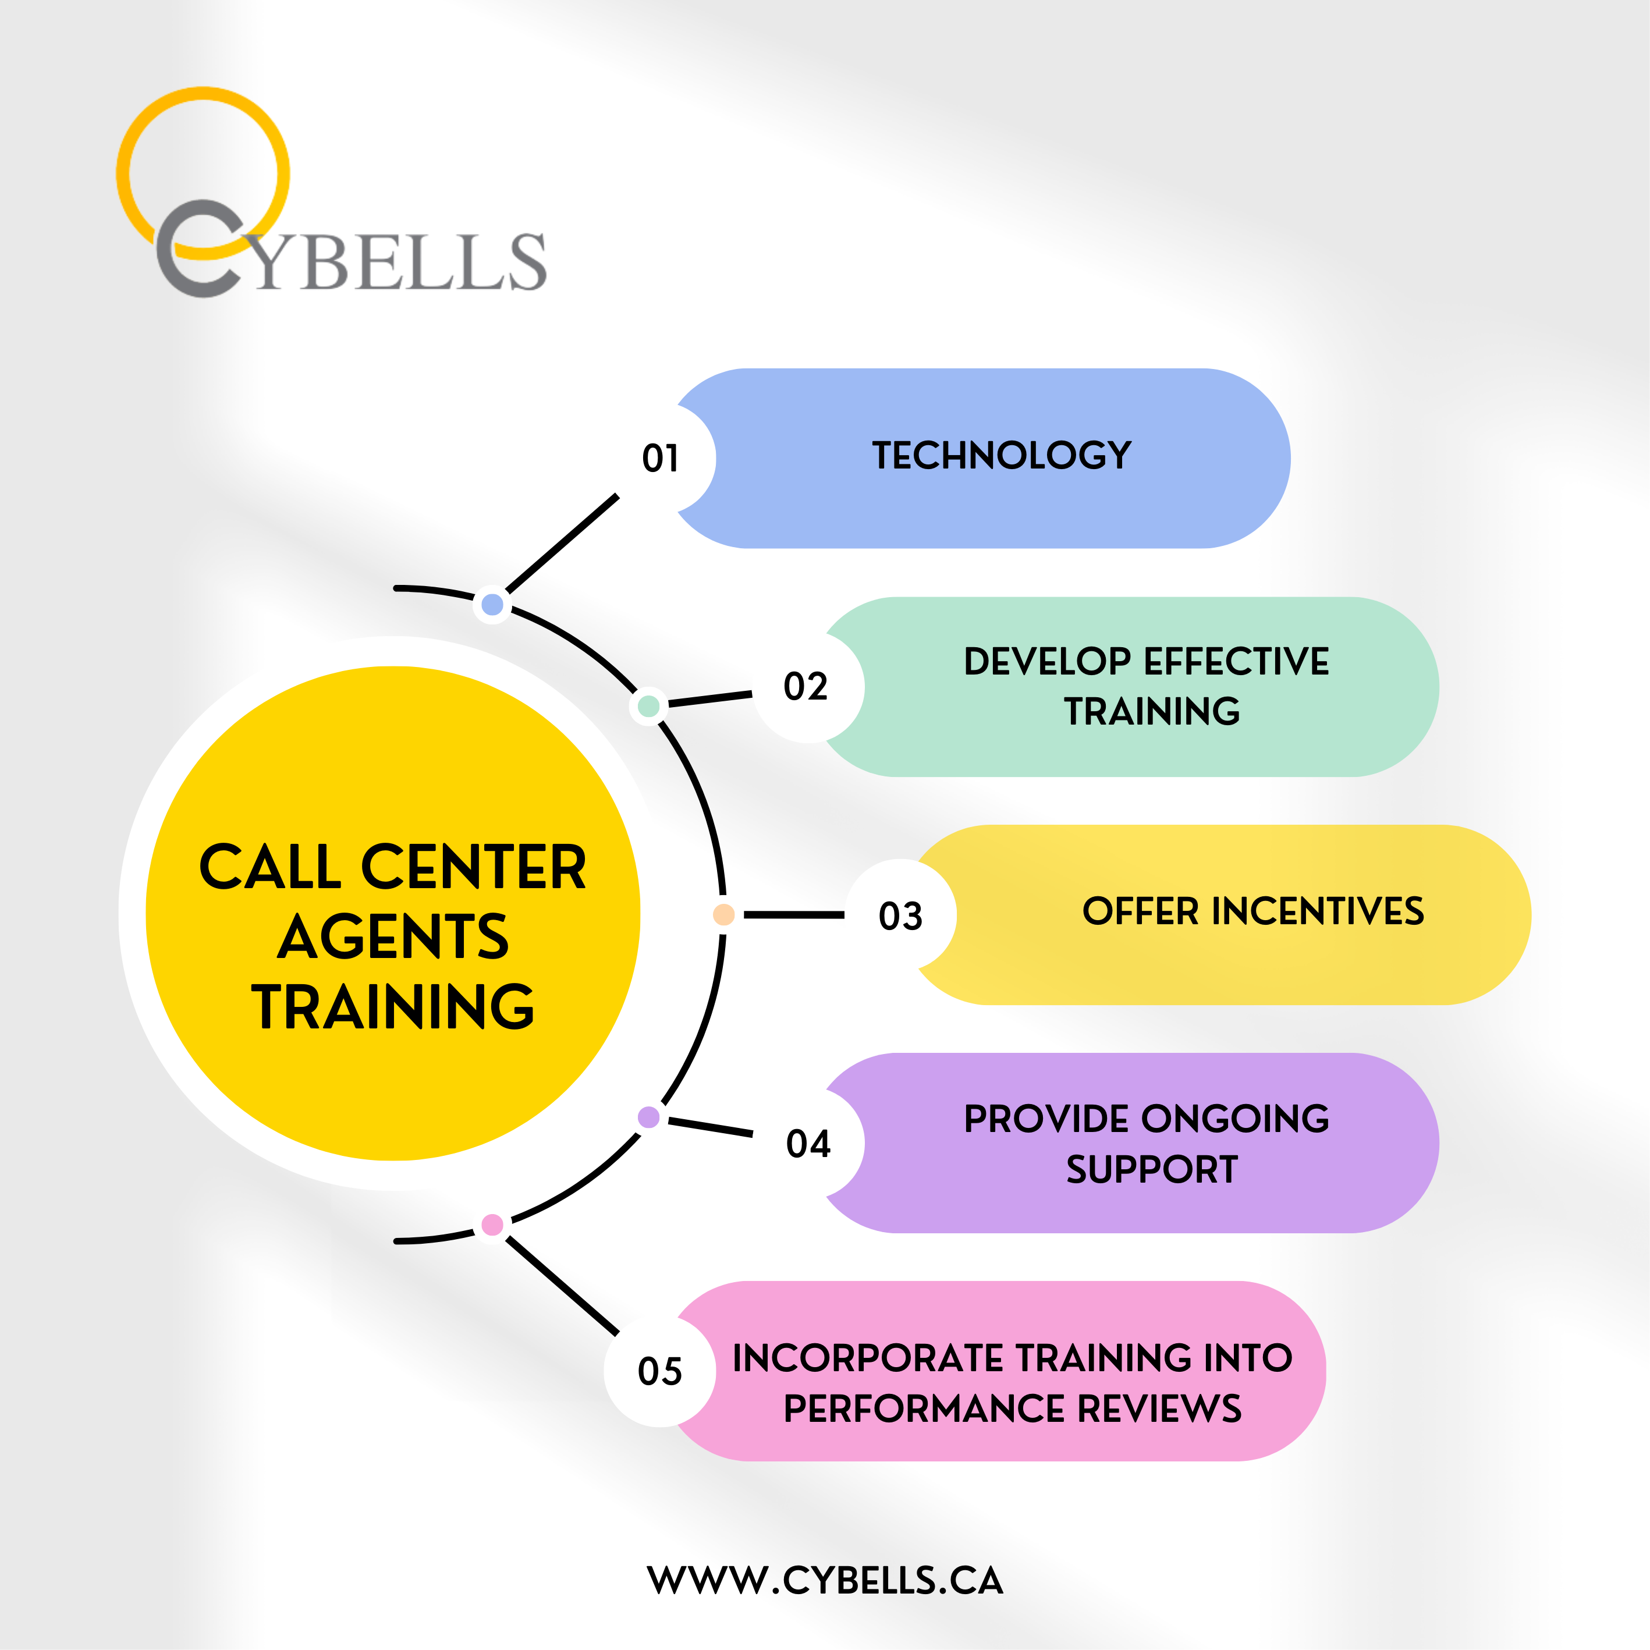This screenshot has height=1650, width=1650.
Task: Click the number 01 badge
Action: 660,459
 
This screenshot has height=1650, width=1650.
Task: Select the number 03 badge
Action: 900,916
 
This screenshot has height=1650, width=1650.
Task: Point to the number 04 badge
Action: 807,1144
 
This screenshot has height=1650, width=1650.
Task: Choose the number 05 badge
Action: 660,1372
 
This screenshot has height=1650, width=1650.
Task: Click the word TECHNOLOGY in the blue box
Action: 1002,456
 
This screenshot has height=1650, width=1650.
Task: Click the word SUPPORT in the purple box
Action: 1152,1169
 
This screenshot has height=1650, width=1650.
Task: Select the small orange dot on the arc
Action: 723,915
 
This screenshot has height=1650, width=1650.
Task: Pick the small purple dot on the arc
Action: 648,1117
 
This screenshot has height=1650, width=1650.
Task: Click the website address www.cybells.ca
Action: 825,1581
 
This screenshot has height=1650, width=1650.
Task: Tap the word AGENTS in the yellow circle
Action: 393,937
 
